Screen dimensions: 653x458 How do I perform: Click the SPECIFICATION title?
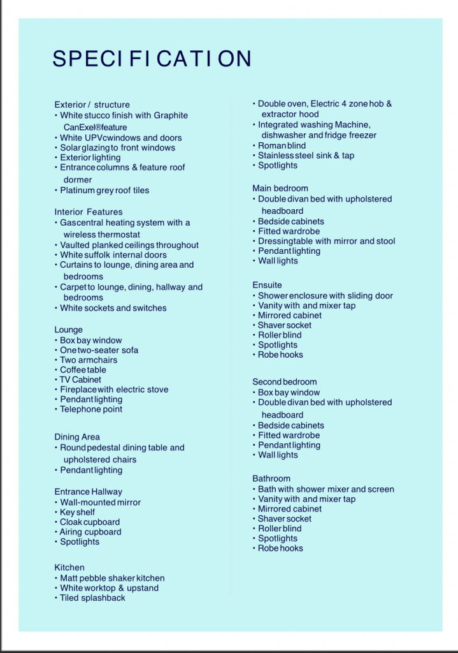[x=152, y=59]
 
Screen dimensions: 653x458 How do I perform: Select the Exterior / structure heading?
[x=92, y=105]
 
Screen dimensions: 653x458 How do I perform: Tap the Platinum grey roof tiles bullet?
[x=104, y=190]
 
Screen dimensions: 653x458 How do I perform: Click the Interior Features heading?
[x=89, y=212]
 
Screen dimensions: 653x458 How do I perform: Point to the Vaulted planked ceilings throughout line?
[x=129, y=245]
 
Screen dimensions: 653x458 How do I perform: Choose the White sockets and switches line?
[x=113, y=308]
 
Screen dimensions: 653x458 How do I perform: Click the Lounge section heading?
[x=69, y=330]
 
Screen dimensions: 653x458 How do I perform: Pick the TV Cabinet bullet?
[x=80, y=379]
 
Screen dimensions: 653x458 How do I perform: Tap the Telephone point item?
[x=90, y=409]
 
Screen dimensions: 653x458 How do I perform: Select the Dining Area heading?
[x=77, y=437]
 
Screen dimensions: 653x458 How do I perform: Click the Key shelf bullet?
[x=77, y=512]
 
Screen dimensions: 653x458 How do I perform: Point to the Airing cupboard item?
[x=90, y=532]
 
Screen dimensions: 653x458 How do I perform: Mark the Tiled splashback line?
[x=92, y=598]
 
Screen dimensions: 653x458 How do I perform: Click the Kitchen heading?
[x=69, y=567]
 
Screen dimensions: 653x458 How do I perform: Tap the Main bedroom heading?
[x=280, y=188]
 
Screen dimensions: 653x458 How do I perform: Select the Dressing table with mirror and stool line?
[x=326, y=241]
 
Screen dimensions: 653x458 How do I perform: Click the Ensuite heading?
[x=267, y=285]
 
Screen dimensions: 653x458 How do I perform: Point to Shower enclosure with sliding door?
[x=325, y=296]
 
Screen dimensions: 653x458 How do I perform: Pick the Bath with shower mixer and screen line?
[x=326, y=489]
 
